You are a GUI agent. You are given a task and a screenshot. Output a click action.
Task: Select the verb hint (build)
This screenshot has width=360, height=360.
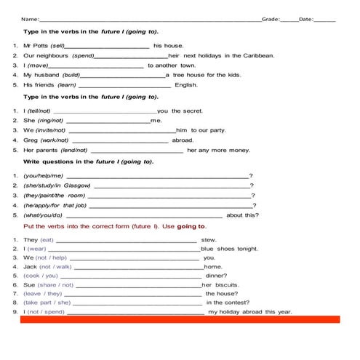tap(71, 75)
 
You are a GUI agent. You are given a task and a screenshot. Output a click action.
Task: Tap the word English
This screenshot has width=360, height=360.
tap(186, 85)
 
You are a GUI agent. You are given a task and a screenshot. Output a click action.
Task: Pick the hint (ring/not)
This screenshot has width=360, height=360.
tap(50, 121)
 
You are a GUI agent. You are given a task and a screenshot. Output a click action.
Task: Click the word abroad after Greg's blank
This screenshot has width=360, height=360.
tap(183, 140)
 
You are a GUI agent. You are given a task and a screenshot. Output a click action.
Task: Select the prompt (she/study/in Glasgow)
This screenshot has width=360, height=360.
tap(57, 185)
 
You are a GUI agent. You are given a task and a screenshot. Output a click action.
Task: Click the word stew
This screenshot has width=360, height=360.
tap(209, 239)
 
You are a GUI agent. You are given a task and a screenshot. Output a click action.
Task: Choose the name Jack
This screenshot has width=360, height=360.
tap(30, 266)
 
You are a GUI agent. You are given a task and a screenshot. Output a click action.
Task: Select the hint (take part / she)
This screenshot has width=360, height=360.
tap(47, 303)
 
